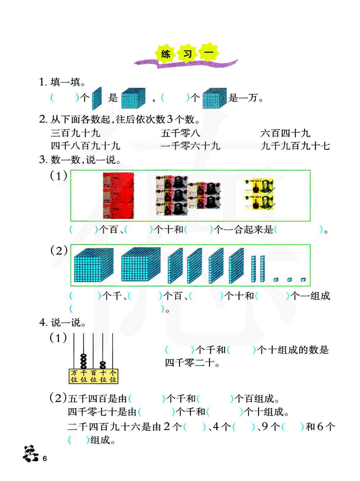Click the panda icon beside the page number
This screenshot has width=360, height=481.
tap(31, 454)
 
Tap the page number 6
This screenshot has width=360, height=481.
tap(45, 458)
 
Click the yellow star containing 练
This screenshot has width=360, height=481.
tap(166, 54)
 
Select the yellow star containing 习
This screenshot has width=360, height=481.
tap(188, 54)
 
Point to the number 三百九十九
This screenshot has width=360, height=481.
tap(75, 133)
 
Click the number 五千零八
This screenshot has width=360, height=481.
tap(180, 133)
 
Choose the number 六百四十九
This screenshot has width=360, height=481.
tap(285, 133)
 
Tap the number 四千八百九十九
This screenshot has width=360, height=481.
tap(85, 146)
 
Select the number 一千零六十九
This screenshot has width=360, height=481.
tap(190, 146)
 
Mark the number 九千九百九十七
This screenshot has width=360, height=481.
tap(295, 146)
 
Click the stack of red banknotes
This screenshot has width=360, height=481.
tap(118, 195)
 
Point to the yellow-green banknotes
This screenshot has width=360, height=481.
tap(259, 194)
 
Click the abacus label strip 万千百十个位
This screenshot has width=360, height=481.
tap(93, 376)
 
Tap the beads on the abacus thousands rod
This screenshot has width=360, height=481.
tap(84, 361)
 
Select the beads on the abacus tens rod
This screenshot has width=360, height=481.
tap(103, 365)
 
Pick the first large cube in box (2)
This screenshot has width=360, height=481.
tap(94, 265)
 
